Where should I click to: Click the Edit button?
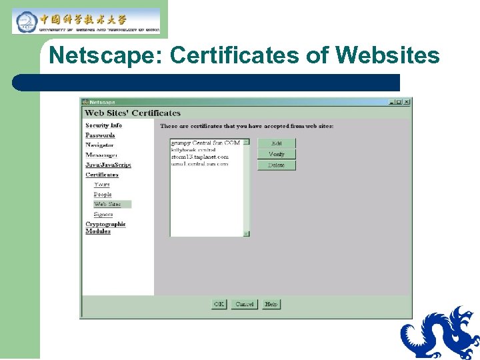[x=276, y=143]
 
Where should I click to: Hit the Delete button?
[x=276, y=165]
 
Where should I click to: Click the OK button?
[x=219, y=304]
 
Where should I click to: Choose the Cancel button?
[x=245, y=304]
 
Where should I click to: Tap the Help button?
[x=271, y=304]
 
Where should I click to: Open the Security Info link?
[x=103, y=125]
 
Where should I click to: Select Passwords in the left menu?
[x=100, y=135]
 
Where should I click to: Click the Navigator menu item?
[x=99, y=145]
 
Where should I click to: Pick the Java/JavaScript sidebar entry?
[x=108, y=165]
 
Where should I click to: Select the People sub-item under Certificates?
[x=103, y=195]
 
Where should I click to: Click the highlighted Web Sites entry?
[x=107, y=204]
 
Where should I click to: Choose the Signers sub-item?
[x=103, y=215]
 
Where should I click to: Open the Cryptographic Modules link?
[x=105, y=227]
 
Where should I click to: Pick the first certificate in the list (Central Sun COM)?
[x=205, y=143]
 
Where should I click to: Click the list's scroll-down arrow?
[x=246, y=233]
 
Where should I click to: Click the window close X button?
[x=407, y=102]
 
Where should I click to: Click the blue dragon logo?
[x=440, y=333]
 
